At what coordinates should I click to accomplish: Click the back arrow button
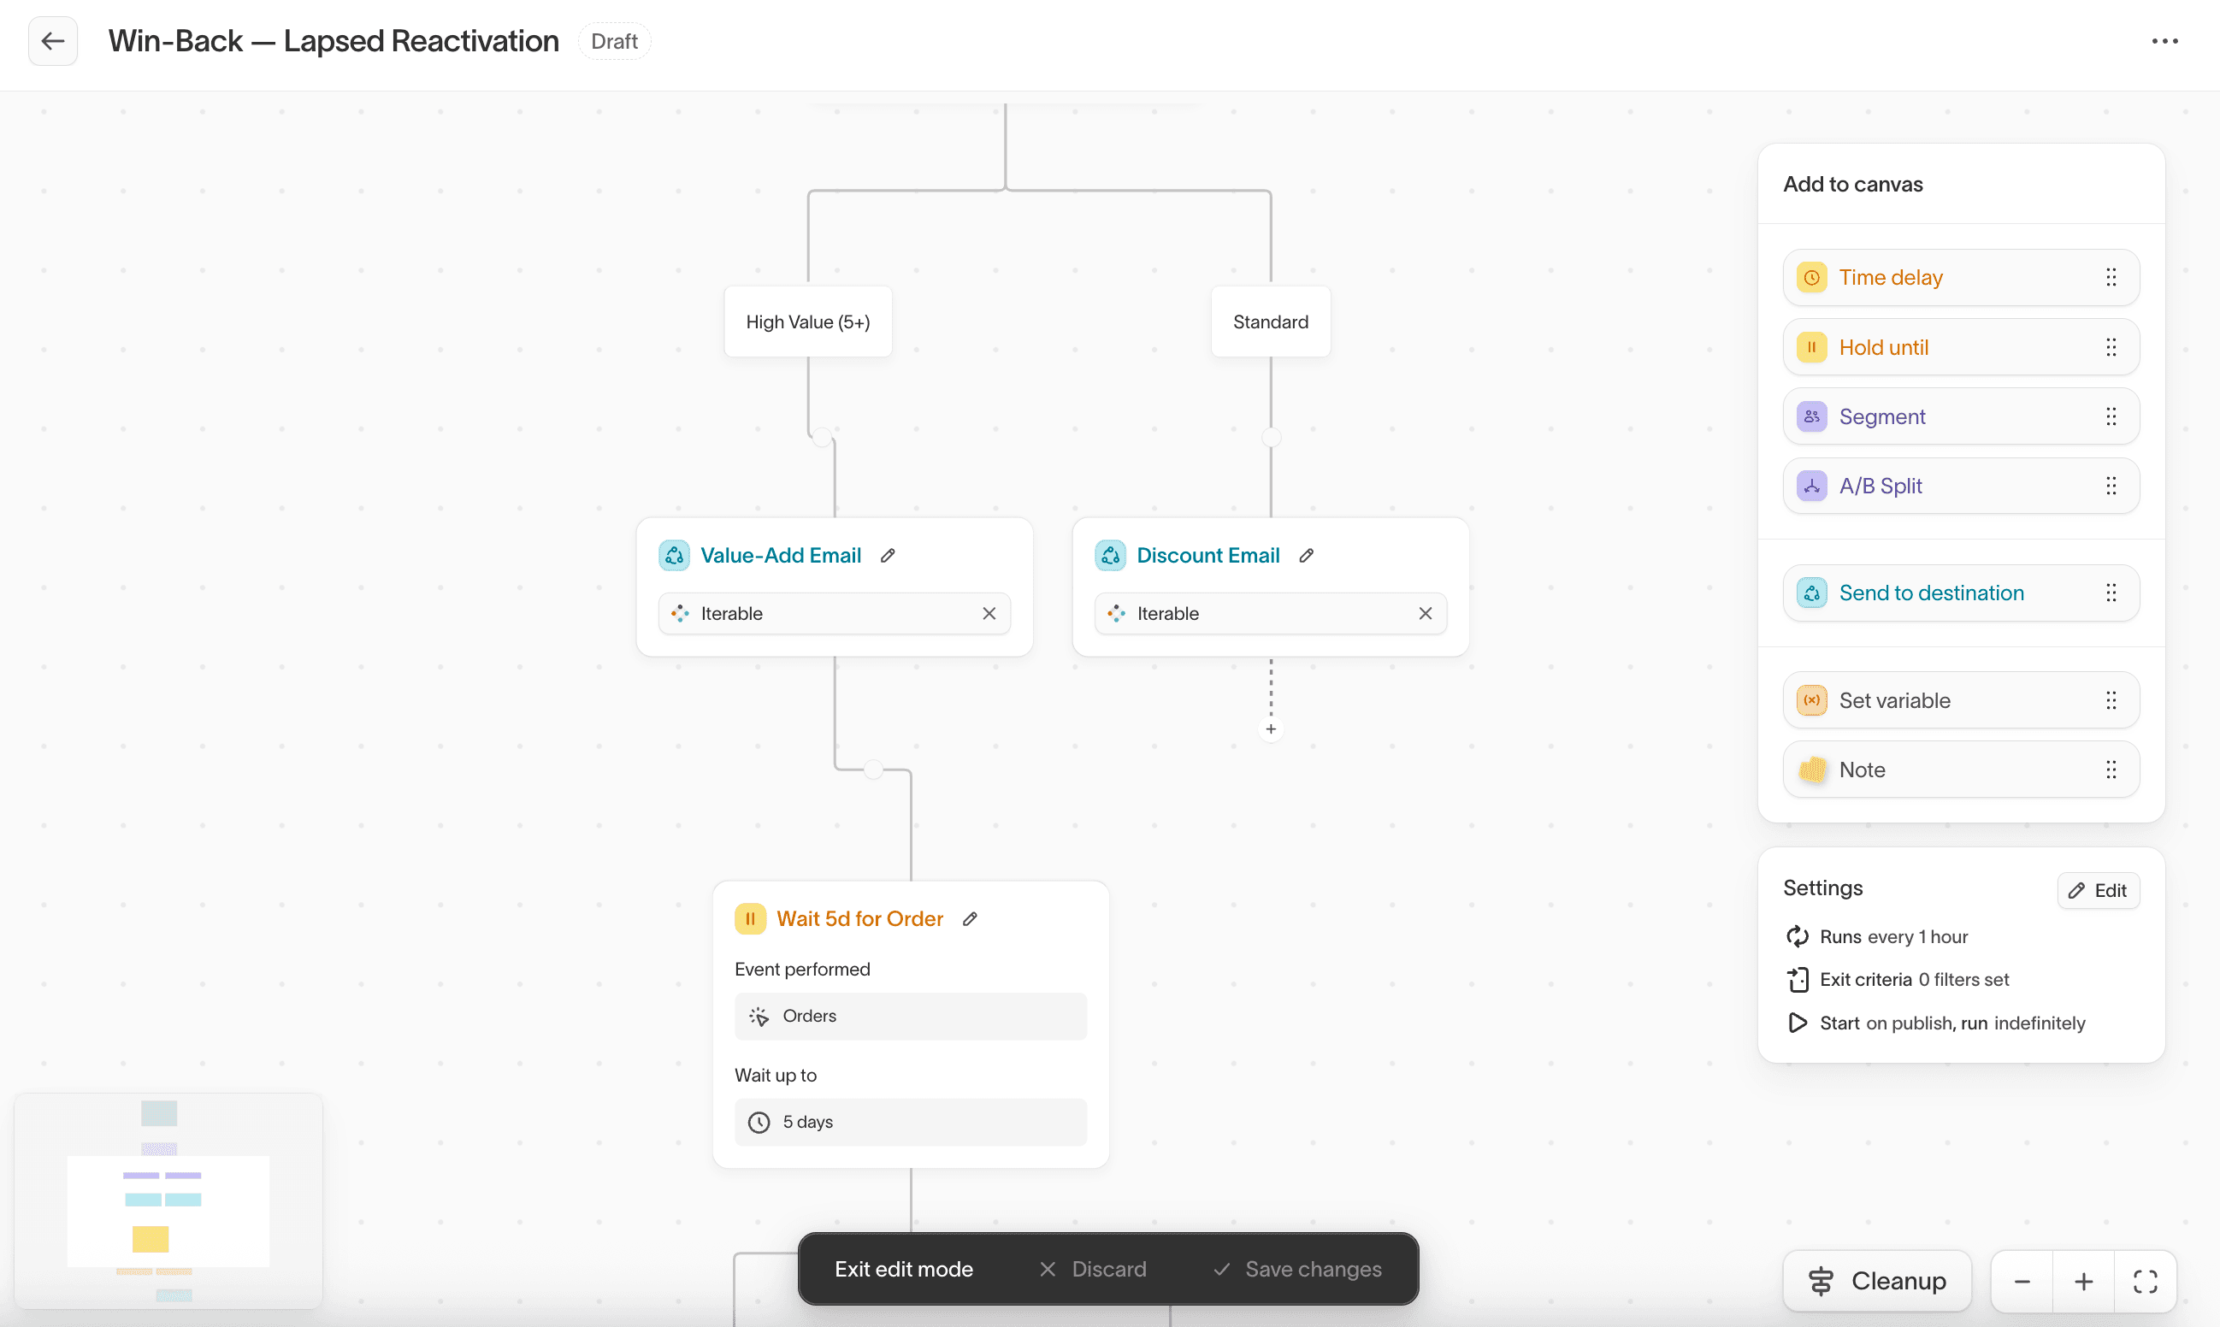pyautogui.click(x=53, y=41)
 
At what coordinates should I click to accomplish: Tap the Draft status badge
pyautogui.click(x=614, y=41)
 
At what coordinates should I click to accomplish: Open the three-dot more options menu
pyautogui.click(x=2164, y=41)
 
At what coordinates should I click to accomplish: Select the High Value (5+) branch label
pyautogui.click(x=808, y=321)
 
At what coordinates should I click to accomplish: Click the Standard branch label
pyautogui.click(x=1271, y=321)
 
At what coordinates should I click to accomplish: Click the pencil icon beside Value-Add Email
pyautogui.click(x=888, y=555)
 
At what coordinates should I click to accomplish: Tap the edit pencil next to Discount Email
pyautogui.click(x=1306, y=555)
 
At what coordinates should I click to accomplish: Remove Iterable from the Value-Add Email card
pyautogui.click(x=989, y=613)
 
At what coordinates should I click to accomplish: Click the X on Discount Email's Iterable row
pyautogui.click(x=1426, y=613)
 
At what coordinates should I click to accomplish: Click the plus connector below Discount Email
pyautogui.click(x=1271, y=728)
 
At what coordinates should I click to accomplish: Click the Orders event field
pyautogui.click(x=910, y=1016)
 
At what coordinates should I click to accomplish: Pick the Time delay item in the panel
pyautogui.click(x=1961, y=277)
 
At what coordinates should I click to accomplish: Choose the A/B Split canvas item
pyautogui.click(x=1961, y=486)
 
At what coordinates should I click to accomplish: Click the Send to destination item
pyautogui.click(x=1961, y=593)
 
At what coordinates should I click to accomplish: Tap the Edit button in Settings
pyautogui.click(x=2098, y=891)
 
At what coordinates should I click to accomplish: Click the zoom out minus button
pyautogui.click(x=2022, y=1282)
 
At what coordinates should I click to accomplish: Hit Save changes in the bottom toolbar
pyautogui.click(x=1297, y=1269)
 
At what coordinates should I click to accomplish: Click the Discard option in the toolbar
pyautogui.click(x=1093, y=1269)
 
